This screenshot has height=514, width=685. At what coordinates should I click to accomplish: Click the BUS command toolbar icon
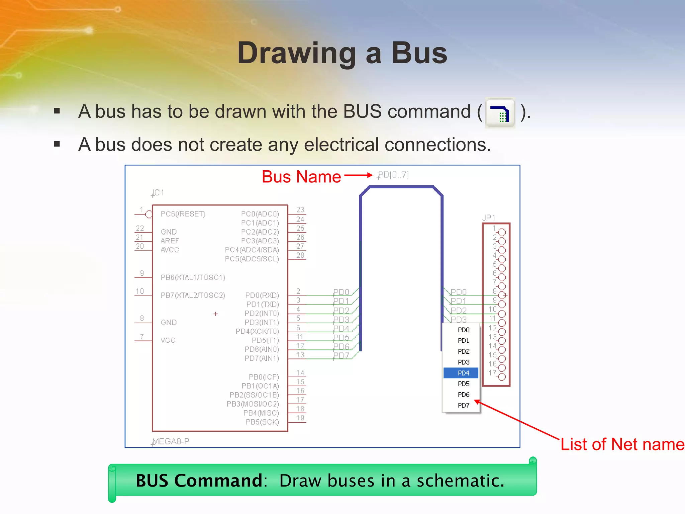coord(500,113)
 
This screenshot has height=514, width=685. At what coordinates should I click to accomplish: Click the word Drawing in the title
coord(296,53)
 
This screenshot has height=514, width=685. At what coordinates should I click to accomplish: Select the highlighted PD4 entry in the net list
coord(463,373)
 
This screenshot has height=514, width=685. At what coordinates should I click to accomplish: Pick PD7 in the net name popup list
coord(463,405)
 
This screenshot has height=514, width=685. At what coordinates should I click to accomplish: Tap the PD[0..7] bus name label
coord(393,175)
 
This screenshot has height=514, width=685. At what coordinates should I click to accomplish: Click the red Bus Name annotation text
coord(301,176)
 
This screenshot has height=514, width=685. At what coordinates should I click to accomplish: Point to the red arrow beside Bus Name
coord(358,175)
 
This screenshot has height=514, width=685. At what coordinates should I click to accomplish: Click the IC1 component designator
coord(158,193)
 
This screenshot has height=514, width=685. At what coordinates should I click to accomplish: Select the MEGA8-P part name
coord(171,441)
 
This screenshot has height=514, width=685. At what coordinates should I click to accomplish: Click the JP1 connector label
coord(489,218)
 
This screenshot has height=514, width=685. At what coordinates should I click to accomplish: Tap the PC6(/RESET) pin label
coord(183,214)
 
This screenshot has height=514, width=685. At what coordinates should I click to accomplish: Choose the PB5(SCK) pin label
coord(262,422)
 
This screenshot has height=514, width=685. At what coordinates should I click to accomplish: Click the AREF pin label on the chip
coord(170,241)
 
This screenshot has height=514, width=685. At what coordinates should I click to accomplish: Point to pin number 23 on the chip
coord(300,210)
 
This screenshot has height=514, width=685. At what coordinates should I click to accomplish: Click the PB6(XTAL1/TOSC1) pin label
coord(193,277)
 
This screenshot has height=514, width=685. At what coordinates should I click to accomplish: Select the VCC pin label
coord(168,340)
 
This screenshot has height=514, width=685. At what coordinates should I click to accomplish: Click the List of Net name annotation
coord(622,444)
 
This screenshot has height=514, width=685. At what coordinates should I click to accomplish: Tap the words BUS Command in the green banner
coord(199,481)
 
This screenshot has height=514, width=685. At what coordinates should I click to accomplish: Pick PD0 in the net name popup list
coord(463,330)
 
